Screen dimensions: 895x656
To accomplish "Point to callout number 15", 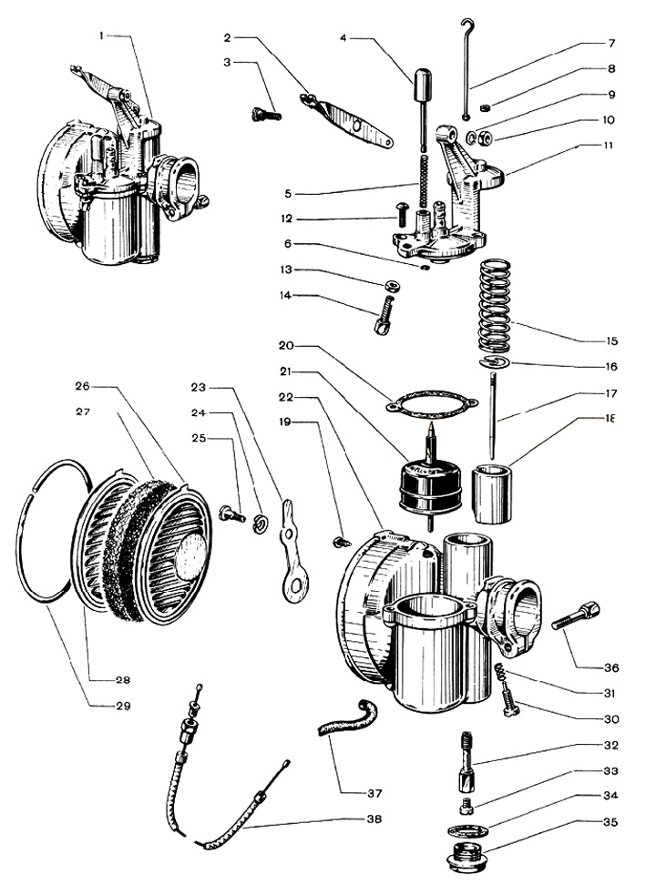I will click(611, 341).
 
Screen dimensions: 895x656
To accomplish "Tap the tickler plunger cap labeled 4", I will click(421, 87).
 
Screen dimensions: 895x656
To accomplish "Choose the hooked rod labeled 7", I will click(467, 64).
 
